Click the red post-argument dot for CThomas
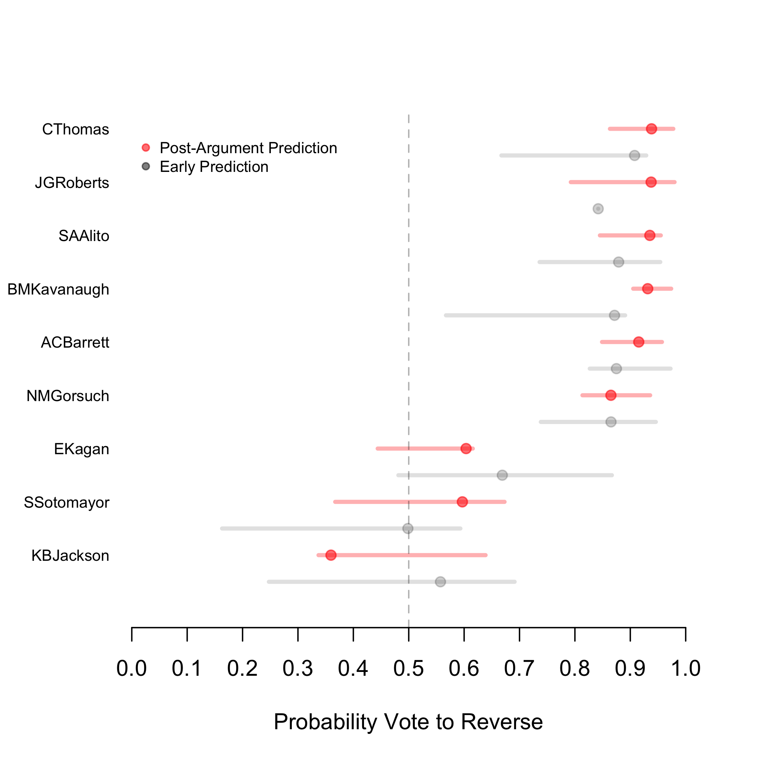coord(651,129)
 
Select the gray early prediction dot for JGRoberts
coord(598,209)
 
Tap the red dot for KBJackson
coord(331,555)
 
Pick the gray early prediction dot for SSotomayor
coord(408,528)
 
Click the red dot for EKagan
coord(466,448)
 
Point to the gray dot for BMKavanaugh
coord(614,315)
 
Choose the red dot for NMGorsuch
coord(610,395)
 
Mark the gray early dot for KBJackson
coord(440,582)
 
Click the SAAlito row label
coord(84,236)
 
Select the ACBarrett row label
coord(75,342)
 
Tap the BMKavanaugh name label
coord(58,290)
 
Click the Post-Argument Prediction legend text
coord(248,148)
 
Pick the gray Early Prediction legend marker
coord(146,167)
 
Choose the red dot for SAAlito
coord(649,235)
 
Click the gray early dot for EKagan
coord(502,475)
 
